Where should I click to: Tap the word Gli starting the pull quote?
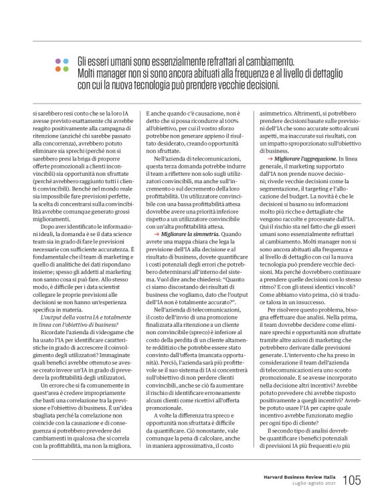(x=84, y=61)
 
